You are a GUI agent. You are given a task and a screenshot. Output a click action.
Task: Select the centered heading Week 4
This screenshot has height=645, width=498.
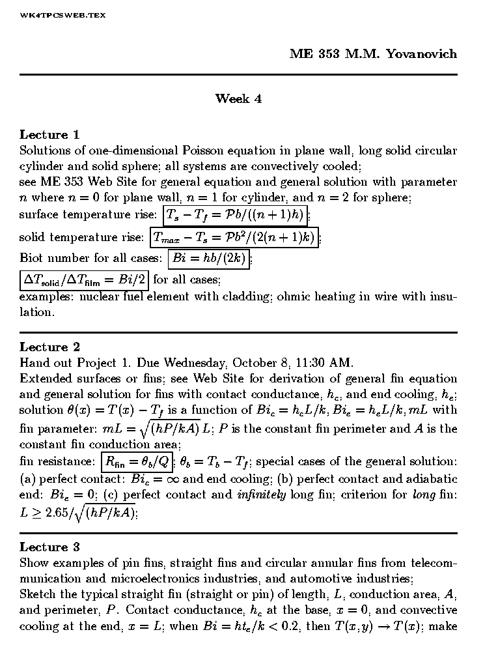[238, 99]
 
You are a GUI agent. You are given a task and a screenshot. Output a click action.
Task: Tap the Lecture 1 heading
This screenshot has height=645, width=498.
[49, 135]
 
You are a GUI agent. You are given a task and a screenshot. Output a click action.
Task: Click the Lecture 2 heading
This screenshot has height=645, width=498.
[49, 347]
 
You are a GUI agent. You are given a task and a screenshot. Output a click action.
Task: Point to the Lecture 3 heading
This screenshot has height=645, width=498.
[49, 547]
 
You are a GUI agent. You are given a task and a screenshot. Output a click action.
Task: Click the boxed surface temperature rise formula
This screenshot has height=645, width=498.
[234, 214]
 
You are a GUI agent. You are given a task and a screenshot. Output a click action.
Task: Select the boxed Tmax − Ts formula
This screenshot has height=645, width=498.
[234, 238]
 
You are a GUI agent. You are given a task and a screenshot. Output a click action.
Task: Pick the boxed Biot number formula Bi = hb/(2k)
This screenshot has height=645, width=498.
[208, 259]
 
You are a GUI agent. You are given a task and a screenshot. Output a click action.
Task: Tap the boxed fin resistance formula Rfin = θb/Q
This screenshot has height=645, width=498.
[137, 462]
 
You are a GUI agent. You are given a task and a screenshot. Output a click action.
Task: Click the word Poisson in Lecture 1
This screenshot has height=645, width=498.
[205, 150]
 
